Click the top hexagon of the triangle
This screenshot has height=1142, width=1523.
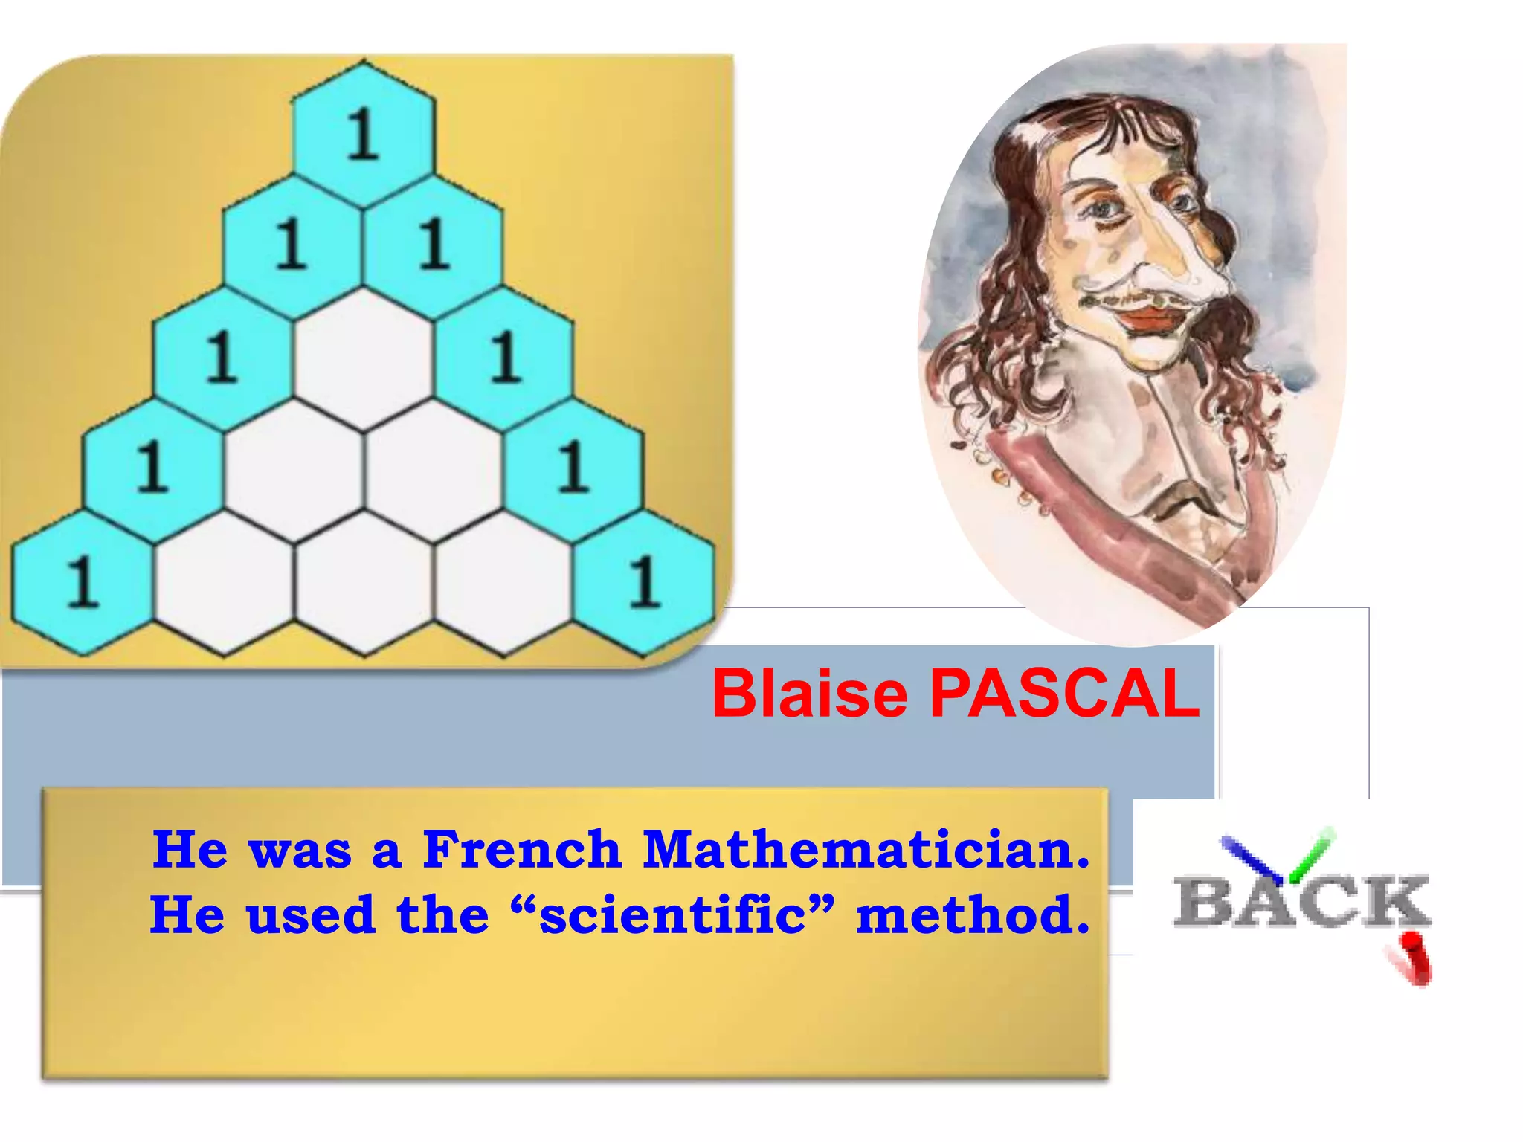pos(364,134)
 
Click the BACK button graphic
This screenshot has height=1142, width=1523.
pos(1301,901)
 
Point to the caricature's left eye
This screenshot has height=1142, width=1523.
pos(1106,209)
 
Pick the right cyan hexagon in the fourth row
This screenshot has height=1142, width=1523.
pos(573,468)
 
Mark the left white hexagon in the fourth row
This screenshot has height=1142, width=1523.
pos(293,468)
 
